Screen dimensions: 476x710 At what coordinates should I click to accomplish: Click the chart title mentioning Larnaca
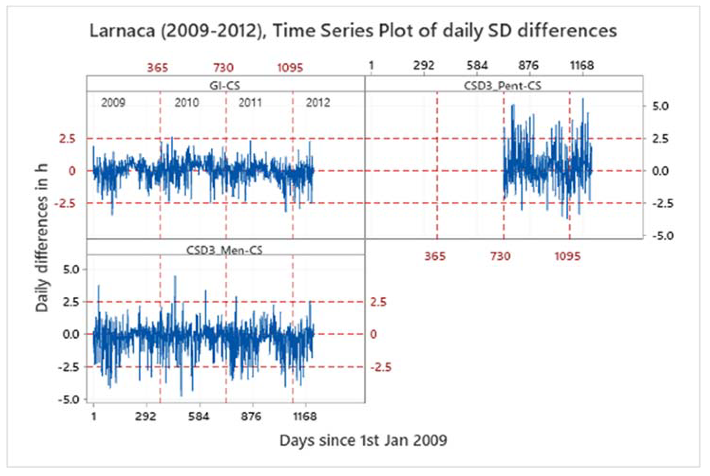[x=353, y=31]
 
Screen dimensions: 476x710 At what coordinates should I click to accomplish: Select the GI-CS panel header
[x=225, y=86]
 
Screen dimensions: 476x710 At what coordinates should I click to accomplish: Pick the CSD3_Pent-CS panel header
[x=502, y=86]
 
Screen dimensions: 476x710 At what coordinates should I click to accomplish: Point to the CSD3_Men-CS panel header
[x=225, y=250]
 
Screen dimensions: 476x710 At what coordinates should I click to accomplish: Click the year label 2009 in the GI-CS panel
[x=113, y=103]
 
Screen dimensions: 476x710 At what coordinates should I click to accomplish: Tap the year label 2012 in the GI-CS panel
[x=318, y=103]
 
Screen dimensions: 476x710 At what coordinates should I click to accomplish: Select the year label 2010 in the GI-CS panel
[x=186, y=103]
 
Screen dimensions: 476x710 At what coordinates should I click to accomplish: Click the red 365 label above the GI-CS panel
[x=157, y=67]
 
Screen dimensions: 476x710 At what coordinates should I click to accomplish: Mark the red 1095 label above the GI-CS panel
[x=290, y=67]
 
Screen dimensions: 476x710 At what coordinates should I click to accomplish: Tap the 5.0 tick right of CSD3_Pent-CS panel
[x=660, y=106]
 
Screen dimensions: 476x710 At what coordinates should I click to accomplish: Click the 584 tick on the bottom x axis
[x=199, y=416]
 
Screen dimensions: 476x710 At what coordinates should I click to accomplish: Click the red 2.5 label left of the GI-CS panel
[x=67, y=139]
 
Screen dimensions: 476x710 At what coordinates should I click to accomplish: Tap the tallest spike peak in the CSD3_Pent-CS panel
[x=583, y=99]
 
